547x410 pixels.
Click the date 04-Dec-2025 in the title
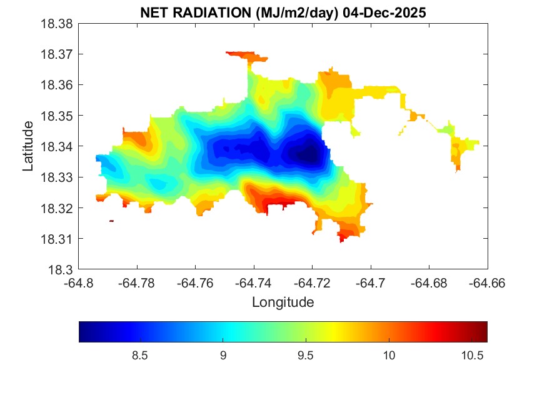(x=383, y=13)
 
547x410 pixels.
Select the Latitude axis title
(x=28, y=146)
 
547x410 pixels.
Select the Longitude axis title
(x=283, y=302)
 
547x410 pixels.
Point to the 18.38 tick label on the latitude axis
(x=58, y=24)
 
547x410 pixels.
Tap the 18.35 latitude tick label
(x=58, y=116)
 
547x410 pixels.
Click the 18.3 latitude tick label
(x=61, y=269)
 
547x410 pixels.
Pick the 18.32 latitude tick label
(x=58, y=208)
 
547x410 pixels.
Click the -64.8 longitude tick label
(x=79, y=282)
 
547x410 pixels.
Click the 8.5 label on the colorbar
(x=140, y=355)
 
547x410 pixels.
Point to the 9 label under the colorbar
(x=223, y=355)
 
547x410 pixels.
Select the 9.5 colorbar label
(x=306, y=355)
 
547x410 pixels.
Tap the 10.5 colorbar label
(x=473, y=355)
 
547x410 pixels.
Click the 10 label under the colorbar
(x=389, y=355)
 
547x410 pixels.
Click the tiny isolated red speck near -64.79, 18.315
(x=111, y=221)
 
